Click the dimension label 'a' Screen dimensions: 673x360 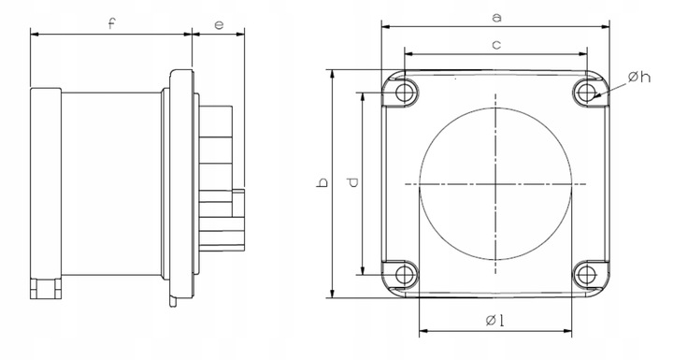click(x=496, y=18)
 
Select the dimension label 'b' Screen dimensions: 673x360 click(x=322, y=182)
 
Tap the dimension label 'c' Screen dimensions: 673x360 click(x=496, y=45)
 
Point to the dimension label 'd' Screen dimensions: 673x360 click(x=352, y=182)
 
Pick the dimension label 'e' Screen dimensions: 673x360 click(x=219, y=25)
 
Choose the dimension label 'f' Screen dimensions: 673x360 click(x=111, y=23)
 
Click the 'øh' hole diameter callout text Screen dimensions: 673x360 click(x=639, y=78)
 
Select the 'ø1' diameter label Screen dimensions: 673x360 click(x=494, y=320)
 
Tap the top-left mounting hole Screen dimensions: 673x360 click(x=404, y=92)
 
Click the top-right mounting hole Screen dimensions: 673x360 click(x=586, y=92)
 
